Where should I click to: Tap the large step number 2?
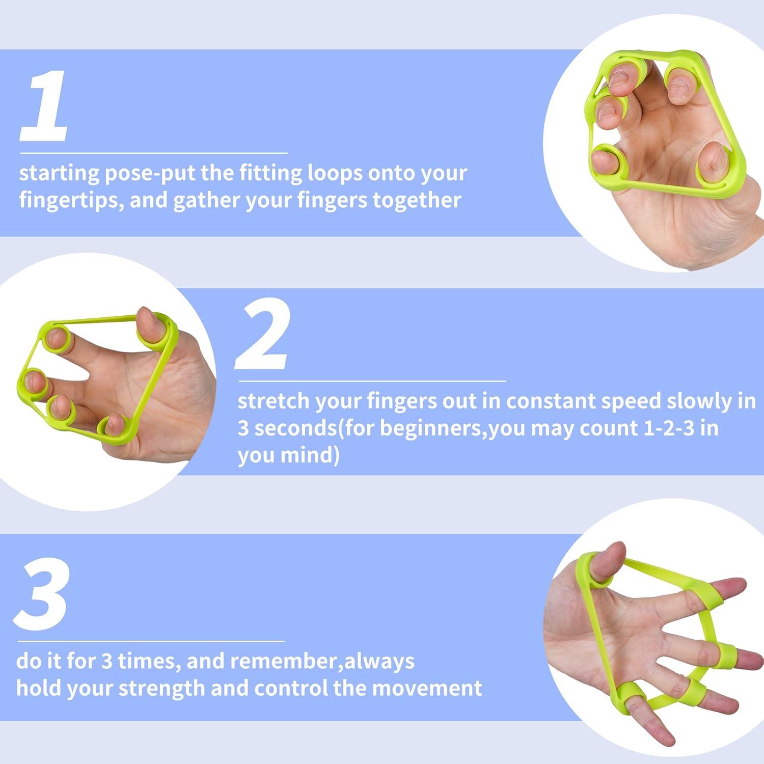click(x=263, y=334)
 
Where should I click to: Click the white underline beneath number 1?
click(x=153, y=153)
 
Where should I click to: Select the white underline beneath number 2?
click(x=372, y=380)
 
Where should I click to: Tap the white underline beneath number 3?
click(x=150, y=641)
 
